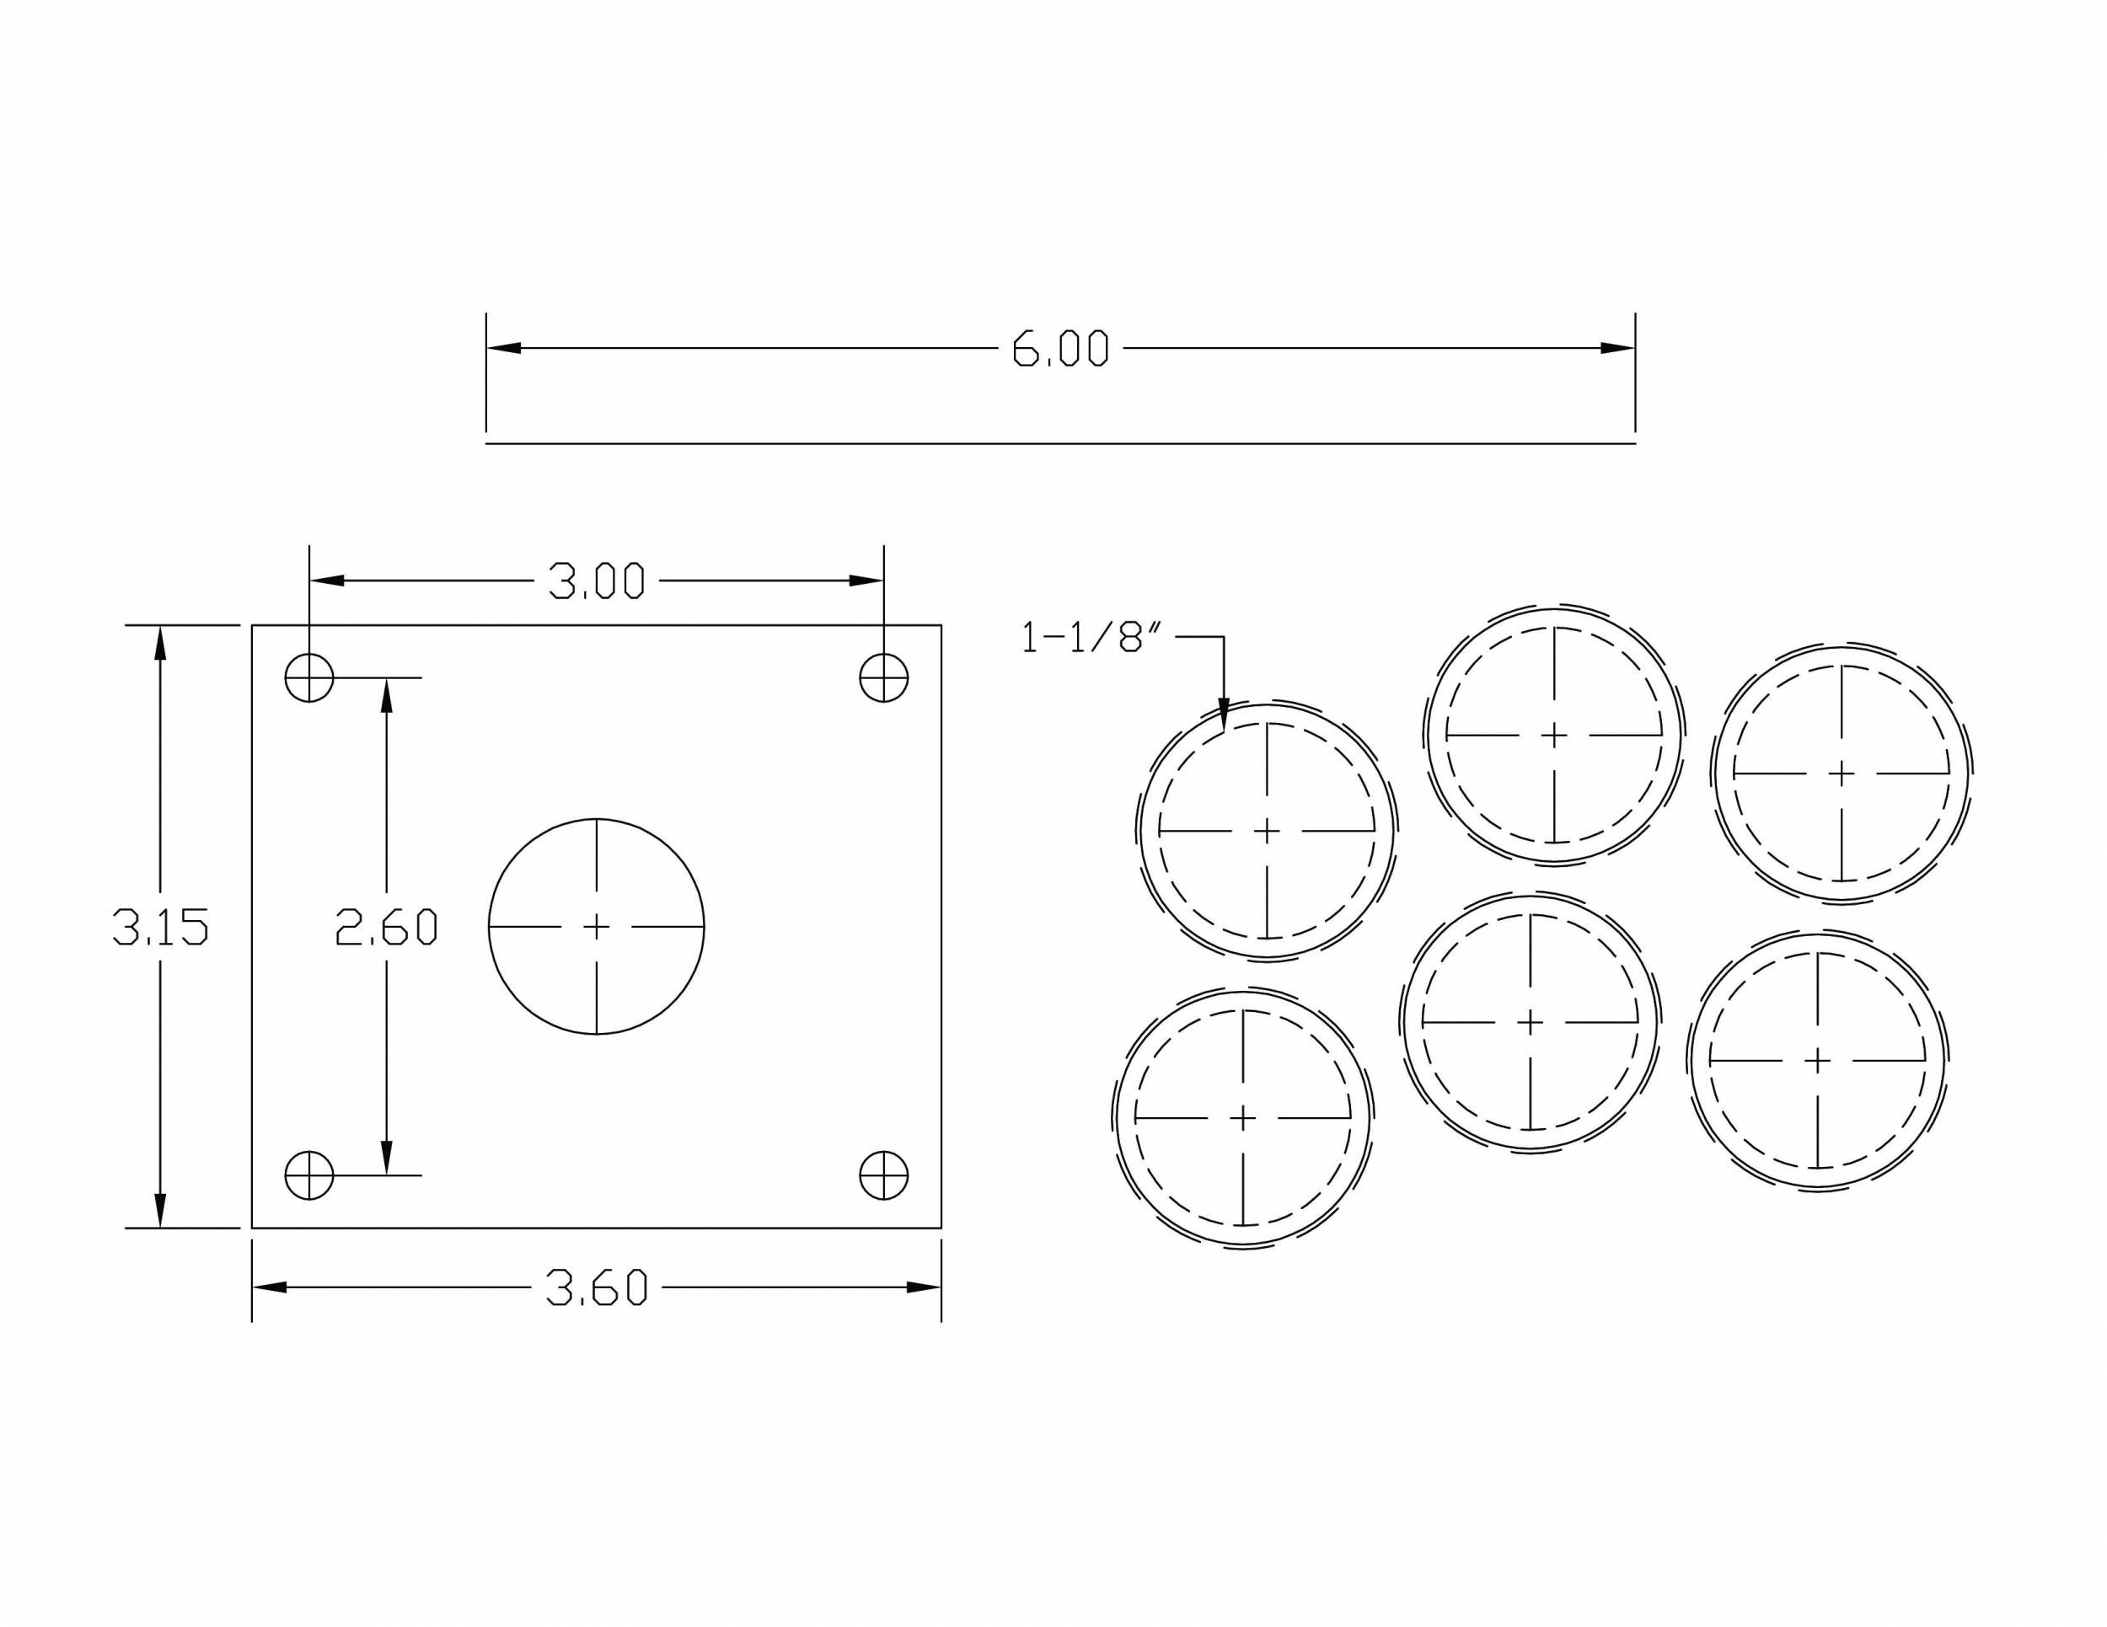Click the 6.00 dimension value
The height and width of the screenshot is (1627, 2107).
point(1060,348)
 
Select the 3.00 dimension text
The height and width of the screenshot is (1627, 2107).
point(596,581)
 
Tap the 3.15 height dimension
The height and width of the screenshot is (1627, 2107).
point(160,927)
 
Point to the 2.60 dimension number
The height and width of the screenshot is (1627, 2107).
point(386,927)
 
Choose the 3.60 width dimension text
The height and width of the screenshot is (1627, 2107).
point(596,1287)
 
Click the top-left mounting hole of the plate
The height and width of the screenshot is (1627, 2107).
point(308,678)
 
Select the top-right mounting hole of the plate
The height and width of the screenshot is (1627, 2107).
point(884,678)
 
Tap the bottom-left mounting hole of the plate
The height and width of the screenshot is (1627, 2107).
point(308,1175)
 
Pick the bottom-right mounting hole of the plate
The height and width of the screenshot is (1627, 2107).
point(884,1175)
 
